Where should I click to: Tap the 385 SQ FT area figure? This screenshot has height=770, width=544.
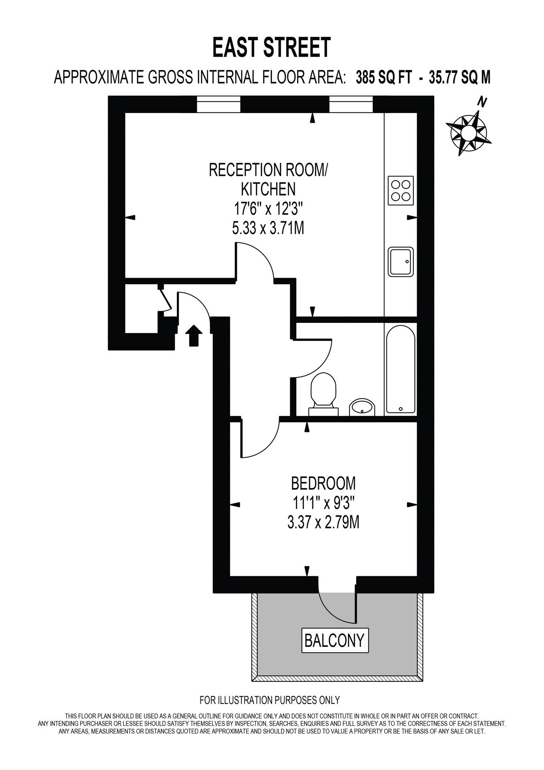pyautogui.click(x=384, y=77)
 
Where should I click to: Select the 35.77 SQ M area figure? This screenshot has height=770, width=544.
pyautogui.click(x=459, y=77)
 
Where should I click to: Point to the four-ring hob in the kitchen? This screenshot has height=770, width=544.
pyautogui.click(x=401, y=190)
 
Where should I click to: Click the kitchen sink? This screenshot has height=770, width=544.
pyautogui.click(x=400, y=261)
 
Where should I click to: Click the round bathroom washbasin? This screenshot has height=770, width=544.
pyautogui.click(x=362, y=407)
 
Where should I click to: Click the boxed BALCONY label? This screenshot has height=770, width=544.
pyautogui.click(x=334, y=640)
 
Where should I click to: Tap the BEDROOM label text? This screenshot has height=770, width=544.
pyautogui.click(x=323, y=483)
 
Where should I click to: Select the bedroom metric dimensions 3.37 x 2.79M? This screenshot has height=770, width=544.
pyautogui.click(x=323, y=523)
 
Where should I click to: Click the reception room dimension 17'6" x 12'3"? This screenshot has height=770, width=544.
pyautogui.click(x=268, y=209)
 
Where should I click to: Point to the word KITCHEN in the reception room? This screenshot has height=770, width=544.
pyautogui.click(x=268, y=189)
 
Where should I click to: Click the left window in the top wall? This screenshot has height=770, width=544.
pyautogui.click(x=218, y=105)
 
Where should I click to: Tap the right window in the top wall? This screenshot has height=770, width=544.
pyautogui.click(x=351, y=105)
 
